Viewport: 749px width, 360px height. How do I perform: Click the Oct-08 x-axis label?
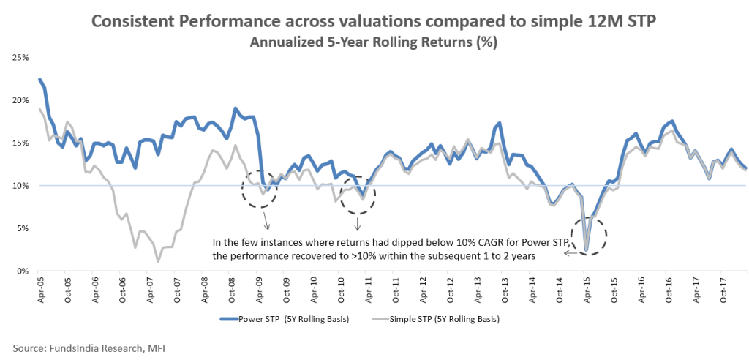click(x=230, y=288)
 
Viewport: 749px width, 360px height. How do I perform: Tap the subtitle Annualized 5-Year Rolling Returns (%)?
click(x=374, y=42)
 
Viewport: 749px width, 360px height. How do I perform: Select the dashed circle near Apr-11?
click(x=358, y=194)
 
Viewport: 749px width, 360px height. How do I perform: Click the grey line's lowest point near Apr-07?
click(x=158, y=261)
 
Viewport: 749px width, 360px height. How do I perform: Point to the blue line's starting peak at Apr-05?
click(x=39, y=79)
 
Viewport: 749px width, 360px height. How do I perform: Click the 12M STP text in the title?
click(x=626, y=22)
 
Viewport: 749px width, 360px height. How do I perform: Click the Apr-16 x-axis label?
click(x=641, y=288)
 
